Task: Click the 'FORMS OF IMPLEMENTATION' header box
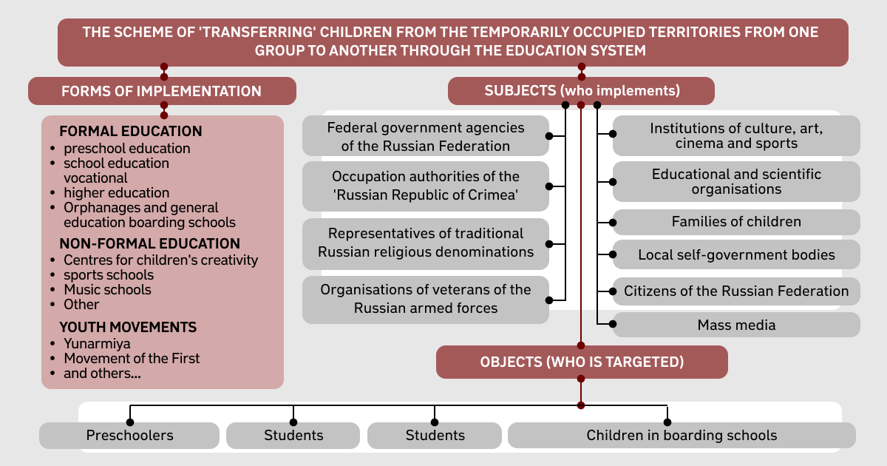point(162,91)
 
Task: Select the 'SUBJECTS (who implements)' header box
point(581,91)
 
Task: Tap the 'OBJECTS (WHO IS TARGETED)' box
point(582,362)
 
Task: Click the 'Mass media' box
point(736,325)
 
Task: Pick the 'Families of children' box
point(736,222)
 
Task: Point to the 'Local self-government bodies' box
point(736,254)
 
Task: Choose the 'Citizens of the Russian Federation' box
point(736,291)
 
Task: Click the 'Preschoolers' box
point(129,435)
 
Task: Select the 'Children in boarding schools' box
point(682,435)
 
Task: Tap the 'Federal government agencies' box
point(426,136)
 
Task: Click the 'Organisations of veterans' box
point(426,299)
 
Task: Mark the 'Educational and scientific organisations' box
point(736,181)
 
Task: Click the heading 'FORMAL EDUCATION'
point(131,131)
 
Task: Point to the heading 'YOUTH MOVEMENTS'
point(128,327)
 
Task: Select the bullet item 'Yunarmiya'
point(97,343)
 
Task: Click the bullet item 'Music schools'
point(107,290)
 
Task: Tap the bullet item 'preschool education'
point(126,149)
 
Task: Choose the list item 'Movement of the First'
point(132,358)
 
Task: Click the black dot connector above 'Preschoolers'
point(130,422)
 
